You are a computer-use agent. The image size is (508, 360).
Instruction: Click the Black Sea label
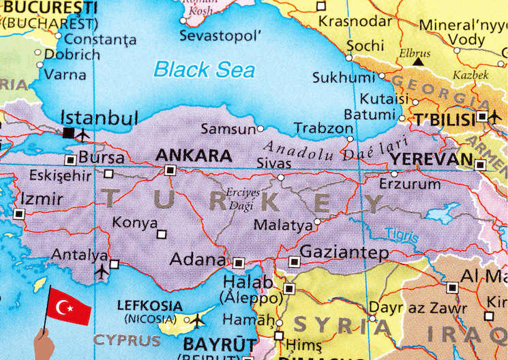click(x=204, y=69)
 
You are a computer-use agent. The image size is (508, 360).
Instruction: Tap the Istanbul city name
click(x=100, y=117)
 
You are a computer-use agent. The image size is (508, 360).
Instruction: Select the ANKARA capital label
click(x=194, y=155)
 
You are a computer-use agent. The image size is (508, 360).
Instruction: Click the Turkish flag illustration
click(x=69, y=307)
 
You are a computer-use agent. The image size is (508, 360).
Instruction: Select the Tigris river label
click(x=401, y=235)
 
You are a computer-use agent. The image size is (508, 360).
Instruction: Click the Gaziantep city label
click(x=344, y=252)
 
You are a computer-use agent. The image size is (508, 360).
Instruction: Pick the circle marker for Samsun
click(x=260, y=128)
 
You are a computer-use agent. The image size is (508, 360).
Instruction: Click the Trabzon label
click(x=323, y=128)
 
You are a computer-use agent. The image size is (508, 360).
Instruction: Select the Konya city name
click(x=135, y=222)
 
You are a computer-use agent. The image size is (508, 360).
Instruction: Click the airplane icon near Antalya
click(x=102, y=271)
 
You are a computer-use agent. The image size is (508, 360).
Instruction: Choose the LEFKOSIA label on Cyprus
click(x=149, y=305)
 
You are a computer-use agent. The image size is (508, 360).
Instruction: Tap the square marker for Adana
click(x=239, y=262)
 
